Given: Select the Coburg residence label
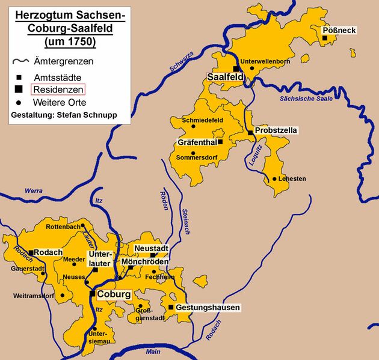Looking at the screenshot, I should (113, 294).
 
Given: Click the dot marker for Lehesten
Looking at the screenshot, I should (274, 178).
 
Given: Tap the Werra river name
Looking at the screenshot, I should (34, 191).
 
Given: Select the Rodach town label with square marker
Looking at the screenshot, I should (48, 252).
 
